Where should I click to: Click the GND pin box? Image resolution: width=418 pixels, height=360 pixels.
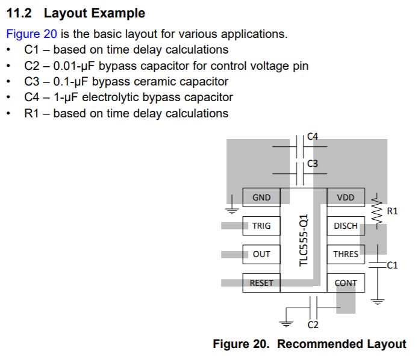(261, 197)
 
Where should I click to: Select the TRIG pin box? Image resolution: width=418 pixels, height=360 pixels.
(261, 226)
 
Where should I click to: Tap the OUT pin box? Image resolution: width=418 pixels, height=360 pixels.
(261, 254)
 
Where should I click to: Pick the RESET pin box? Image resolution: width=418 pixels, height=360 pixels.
(261, 283)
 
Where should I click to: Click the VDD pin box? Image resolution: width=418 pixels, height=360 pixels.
(346, 197)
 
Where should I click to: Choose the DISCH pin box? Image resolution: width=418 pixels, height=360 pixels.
(346, 226)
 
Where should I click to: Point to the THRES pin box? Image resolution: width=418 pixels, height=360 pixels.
(346, 254)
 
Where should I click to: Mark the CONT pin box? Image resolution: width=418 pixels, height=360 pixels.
(346, 283)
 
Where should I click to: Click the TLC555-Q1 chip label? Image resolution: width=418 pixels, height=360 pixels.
(304, 240)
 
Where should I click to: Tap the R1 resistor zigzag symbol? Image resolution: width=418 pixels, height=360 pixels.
(377, 211)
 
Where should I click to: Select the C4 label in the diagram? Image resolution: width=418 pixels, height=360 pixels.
(313, 137)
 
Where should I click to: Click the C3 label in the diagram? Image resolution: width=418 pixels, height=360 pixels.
(313, 163)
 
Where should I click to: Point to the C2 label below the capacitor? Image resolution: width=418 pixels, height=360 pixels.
(313, 324)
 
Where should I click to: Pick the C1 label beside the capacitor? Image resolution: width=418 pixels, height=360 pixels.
(392, 265)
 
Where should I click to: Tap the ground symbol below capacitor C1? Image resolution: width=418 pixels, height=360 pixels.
(377, 302)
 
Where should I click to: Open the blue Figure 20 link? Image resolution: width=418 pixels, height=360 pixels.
(31, 34)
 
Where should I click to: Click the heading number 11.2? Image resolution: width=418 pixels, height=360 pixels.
(19, 13)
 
